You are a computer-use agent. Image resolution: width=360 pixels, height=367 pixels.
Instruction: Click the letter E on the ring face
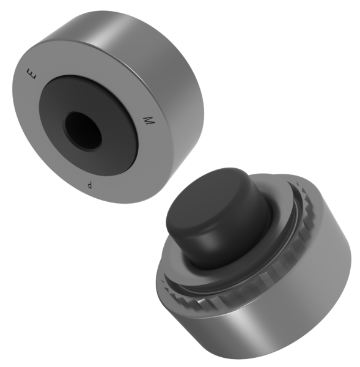click(x=32, y=73)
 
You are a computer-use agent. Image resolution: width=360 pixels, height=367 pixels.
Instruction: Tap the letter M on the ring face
click(x=149, y=120)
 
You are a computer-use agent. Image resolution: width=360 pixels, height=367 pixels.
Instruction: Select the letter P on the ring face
click(x=90, y=185)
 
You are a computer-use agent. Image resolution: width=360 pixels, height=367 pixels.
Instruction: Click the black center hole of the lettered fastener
click(x=83, y=131)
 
